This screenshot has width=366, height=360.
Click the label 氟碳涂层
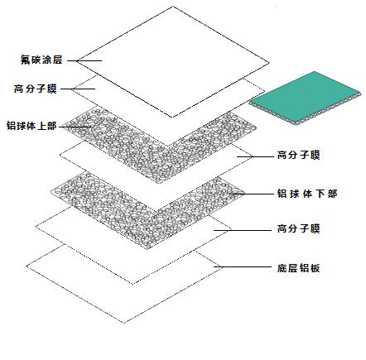pyautogui.click(x=41, y=60)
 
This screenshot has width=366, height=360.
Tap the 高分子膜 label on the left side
pyautogui.click(x=36, y=89)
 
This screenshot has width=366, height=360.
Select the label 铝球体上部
pyautogui.click(x=31, y=126)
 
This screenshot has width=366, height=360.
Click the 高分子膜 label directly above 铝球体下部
pyautogui.click(x=298, y=155)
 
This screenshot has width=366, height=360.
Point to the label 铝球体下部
pyautogui.click(x=307, y=194)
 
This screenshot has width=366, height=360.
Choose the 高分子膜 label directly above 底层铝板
pyautogui.click(x=298, y=228)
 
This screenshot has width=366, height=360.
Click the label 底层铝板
pyautogui.click(x=298, y=268)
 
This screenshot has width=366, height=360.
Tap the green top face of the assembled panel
pyautogui.click(x=305, y=96)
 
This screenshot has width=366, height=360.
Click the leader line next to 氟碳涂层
pyautogui.click(x=84, y=60)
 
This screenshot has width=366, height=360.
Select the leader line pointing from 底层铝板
pyautogui.click(x=243, y=266)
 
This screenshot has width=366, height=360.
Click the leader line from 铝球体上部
pyautogui.click(x=75, y=127)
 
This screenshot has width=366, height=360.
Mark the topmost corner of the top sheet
pyautogui.click(x=174, y=7)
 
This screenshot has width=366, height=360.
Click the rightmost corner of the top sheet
pyautogui.click(x=269, y=63)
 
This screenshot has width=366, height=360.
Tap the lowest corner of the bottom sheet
pyautogui.click(x=124, y=323)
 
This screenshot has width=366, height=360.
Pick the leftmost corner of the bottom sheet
pyautogui.click(x=26, y=266)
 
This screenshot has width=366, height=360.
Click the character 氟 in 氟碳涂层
pyautogui.click(x=26, y=60)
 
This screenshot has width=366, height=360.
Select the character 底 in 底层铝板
pyautogui.click(x=282, y=268)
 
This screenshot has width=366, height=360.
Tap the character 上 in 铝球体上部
pyautogui.click(x=41, y=126)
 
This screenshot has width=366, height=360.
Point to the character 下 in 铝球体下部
pyautogui.click(x=320, y=194)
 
